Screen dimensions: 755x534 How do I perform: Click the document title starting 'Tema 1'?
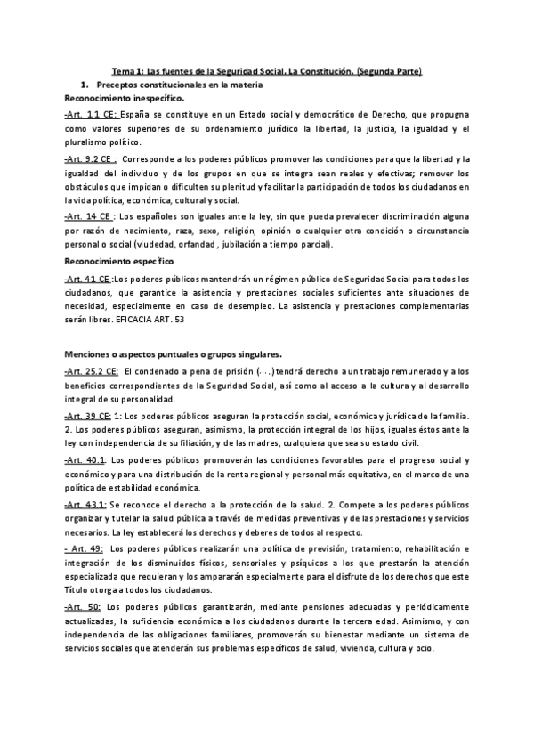point(266,70)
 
